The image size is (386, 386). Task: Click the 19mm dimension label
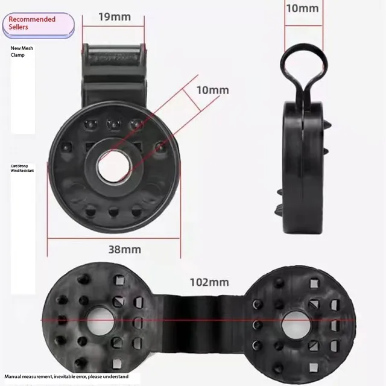[x=114, y=16]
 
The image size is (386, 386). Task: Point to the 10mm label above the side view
[x=302, y=8]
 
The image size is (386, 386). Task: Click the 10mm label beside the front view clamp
[x=212, y=90]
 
